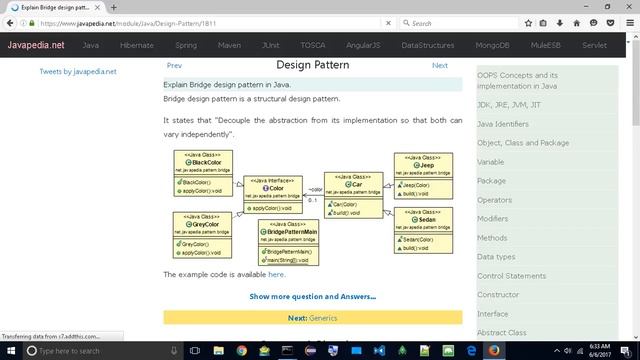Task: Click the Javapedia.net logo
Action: click(33, 45)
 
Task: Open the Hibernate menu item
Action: click(137, 45)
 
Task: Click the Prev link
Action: click(174, 66)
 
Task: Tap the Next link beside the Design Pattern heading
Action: click(440, 66)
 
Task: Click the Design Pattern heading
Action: click(313, 65)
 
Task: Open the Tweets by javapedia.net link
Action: click(77, 72)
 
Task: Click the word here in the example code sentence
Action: click(277, 274)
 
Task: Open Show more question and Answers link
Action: click(313, 296)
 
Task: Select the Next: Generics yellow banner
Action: click(313, 318)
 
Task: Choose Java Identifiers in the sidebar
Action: click(503, 124)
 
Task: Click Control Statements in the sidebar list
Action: click(512, 276)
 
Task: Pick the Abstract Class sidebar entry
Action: click(502, 333)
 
